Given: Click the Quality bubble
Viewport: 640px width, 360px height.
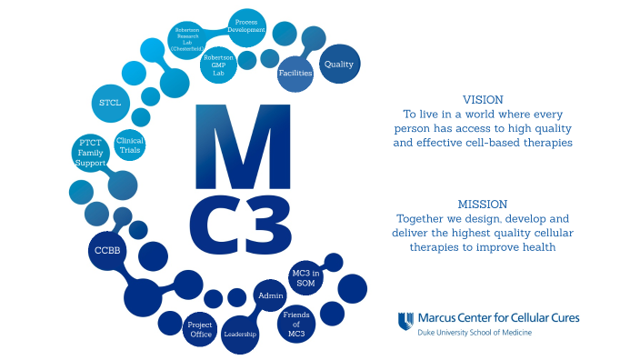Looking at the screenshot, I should pos(339,65).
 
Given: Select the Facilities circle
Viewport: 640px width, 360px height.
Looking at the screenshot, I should pos(295,73).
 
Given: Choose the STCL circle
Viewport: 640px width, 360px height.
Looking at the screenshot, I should pos(110,103).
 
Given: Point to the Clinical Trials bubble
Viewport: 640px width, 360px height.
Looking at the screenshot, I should pos(130,145).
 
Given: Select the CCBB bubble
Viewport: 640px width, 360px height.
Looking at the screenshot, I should pos(108,248).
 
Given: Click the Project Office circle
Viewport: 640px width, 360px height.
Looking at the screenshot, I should pos(200,329).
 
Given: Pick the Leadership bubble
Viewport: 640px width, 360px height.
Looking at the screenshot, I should pos(240,334).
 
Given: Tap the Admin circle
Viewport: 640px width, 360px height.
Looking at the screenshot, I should pos(271,295).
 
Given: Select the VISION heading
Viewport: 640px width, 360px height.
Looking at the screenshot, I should pos(483,99).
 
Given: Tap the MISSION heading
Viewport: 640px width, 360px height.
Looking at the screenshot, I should pos(483,204).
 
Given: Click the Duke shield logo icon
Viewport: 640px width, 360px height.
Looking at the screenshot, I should pos(406,321).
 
